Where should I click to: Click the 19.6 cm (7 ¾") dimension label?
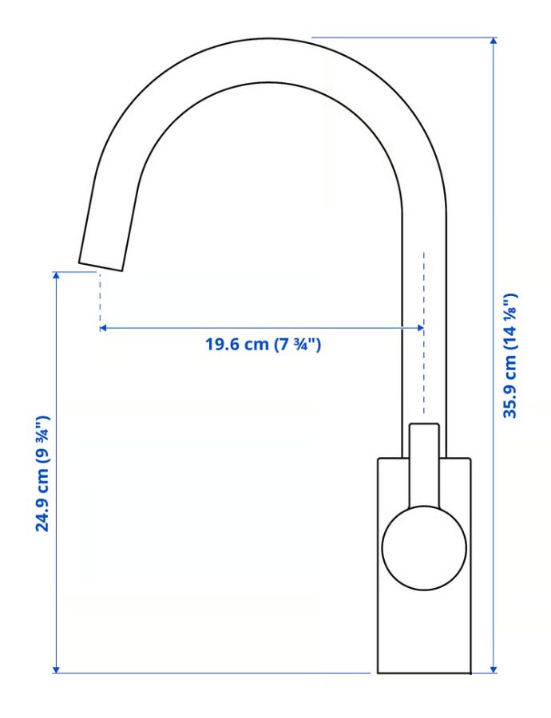pyautogui.click(x=263, y=345)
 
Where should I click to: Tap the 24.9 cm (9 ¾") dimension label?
pyautogui.click(x=42, y=473)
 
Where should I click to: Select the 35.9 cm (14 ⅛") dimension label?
pyautogui.click(x=509, y=356)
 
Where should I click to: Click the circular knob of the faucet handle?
pyautogui.click(x=424, y=547)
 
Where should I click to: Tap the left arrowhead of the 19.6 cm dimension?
pyautogui.click(x=103, y=328)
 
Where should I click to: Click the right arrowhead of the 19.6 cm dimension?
pyautogui.click(x=420, y=328)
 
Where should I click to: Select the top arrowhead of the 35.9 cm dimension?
pyautogui.click(x=494, y=41)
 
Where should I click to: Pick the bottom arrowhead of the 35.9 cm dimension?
pyautogui.click(x=494, y=669)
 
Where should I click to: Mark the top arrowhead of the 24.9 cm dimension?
pyautogui.click(x=57, y=276)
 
